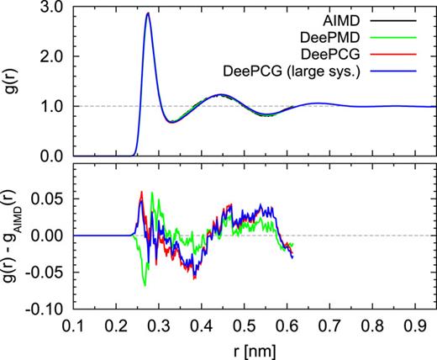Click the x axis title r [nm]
tap(250, 347)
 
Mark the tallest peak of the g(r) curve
tap(148, 13)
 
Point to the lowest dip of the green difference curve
tap(145, 286)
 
